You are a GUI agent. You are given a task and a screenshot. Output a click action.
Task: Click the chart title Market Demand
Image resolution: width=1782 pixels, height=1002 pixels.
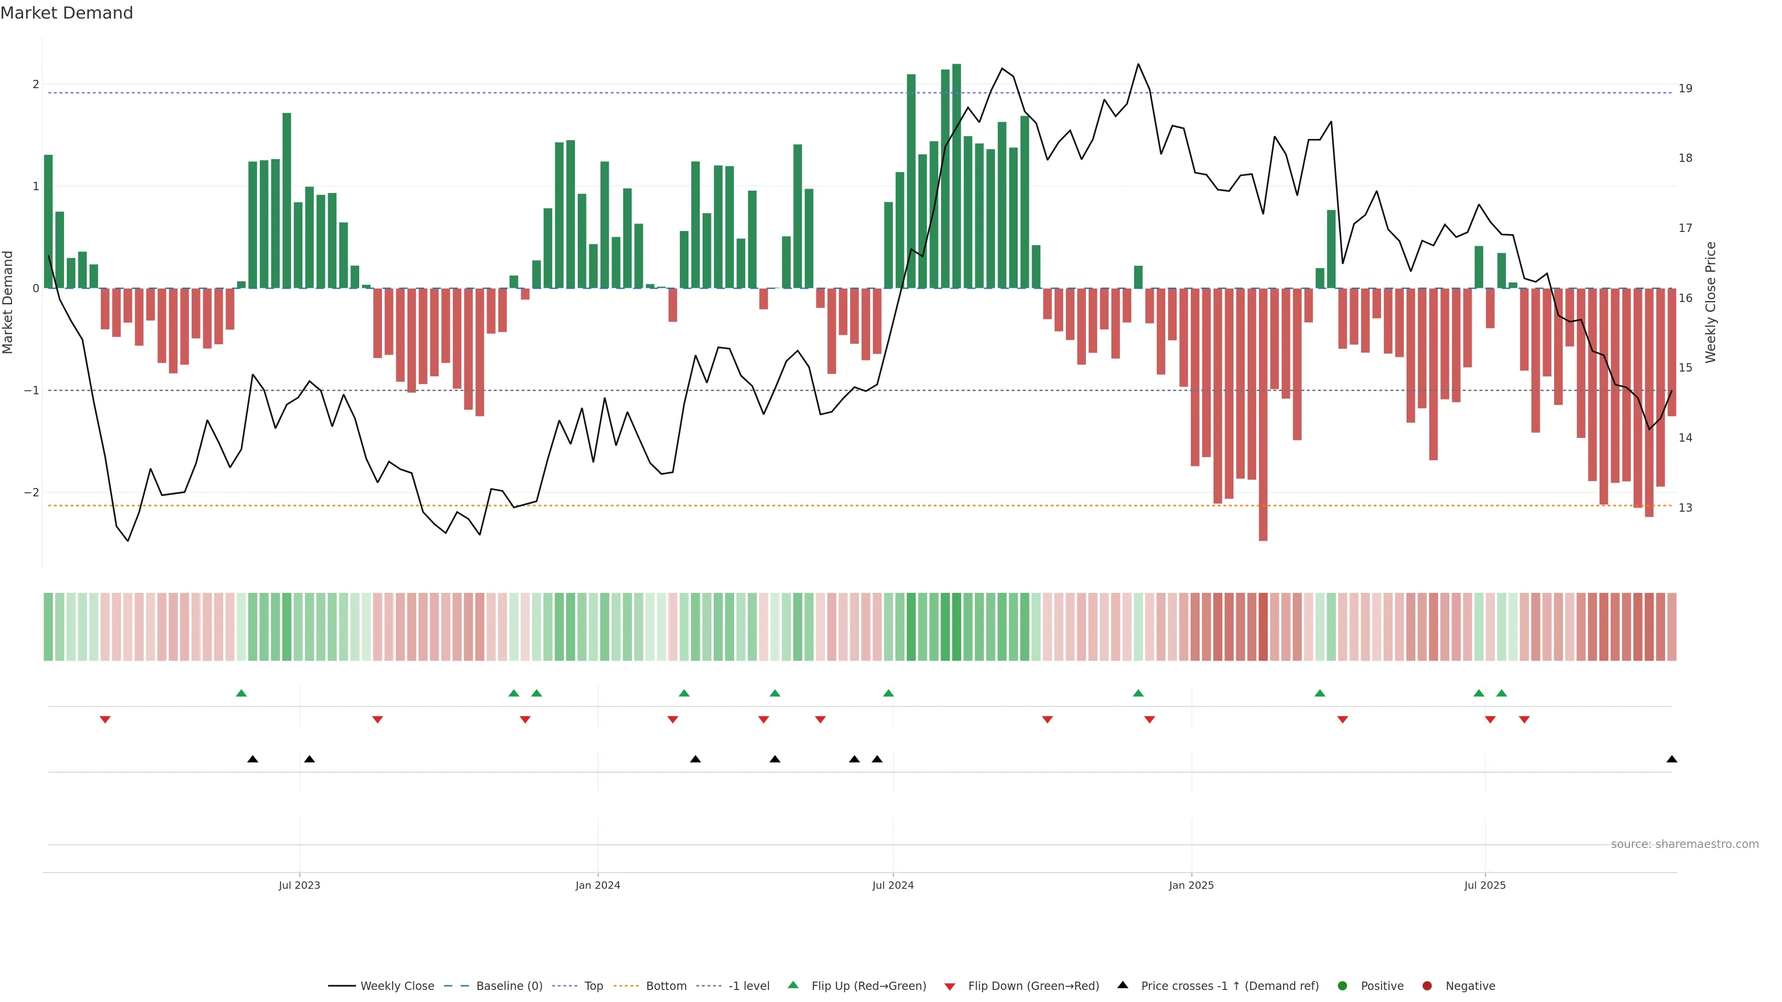[x=66, y=13]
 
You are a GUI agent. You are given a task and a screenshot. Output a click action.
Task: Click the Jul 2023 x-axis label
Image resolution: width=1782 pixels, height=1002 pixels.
[x=299, y=885]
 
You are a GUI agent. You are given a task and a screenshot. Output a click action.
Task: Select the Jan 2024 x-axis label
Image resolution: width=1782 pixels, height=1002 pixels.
[x=598, y=885]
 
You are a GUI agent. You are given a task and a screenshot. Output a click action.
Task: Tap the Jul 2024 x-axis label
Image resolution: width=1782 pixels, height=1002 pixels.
[x=892, y=885]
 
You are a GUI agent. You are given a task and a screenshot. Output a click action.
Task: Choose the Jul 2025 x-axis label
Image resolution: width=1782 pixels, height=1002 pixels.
[x=1485, y=885]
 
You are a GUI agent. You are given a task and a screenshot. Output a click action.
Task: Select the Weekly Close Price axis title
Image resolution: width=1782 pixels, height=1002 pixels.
[x=1711, y=302]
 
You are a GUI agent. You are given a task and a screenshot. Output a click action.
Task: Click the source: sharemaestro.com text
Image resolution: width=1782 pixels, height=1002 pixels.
[x=1685, y=844]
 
